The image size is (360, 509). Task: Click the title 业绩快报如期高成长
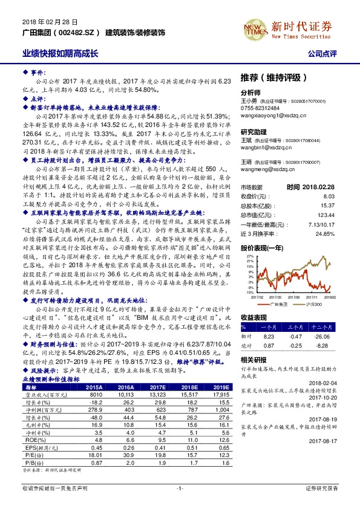pyautogui.click(x=60, y=53)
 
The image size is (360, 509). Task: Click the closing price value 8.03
pyautogui.click(x=329, y=196)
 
